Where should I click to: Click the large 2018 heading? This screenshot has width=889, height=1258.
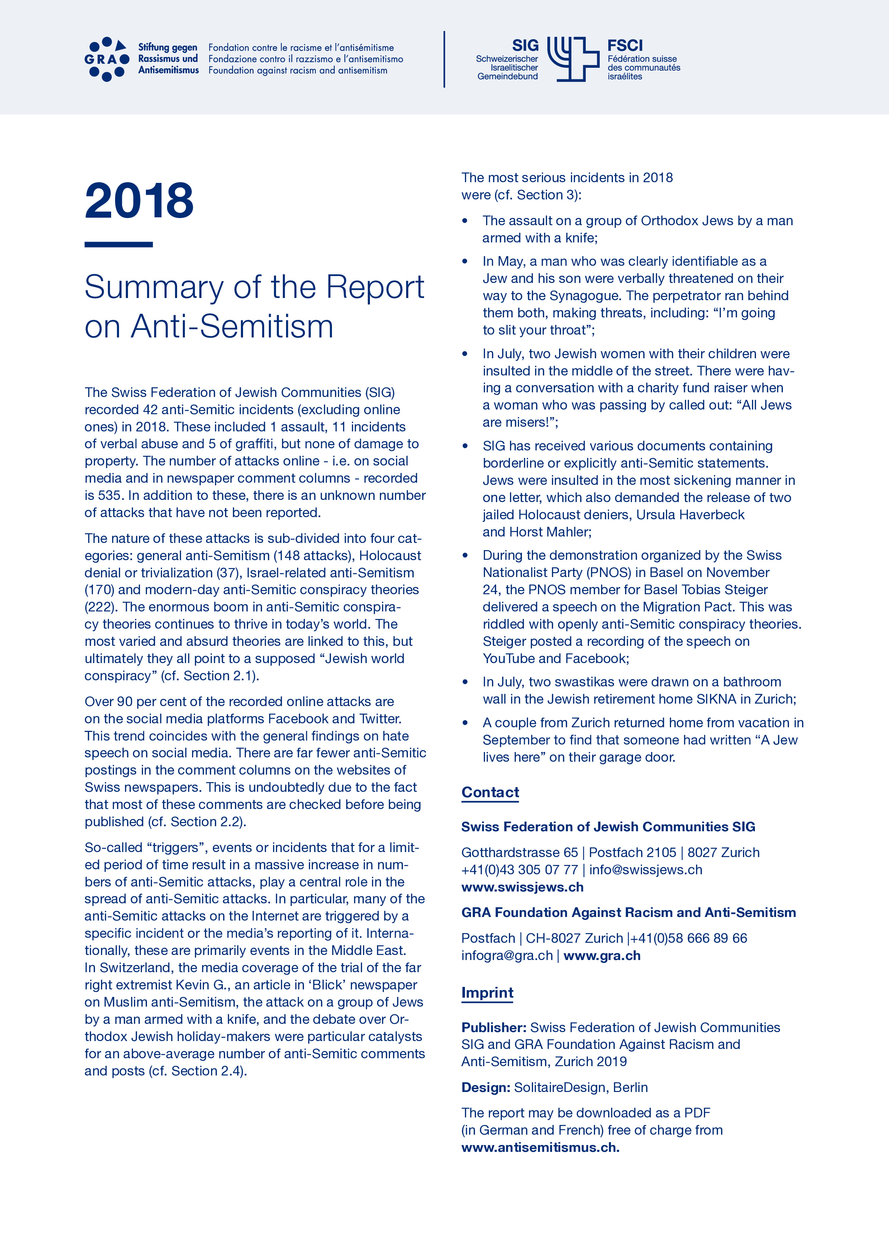click(x=139, y=201)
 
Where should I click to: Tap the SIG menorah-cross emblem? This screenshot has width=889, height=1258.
click(x=573, y=59)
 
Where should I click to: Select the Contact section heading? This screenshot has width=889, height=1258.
click(x=490, y=792)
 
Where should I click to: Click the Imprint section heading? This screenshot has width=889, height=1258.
click(x=487, y=993)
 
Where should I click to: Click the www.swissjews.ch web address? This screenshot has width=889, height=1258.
click(x=522, y=887)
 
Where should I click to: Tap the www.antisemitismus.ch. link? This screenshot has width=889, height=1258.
click(x=540, y=1147)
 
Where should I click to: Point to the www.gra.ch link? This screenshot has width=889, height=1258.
click(x=602, y=956)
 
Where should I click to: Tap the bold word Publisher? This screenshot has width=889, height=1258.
click(x=494, y=1027)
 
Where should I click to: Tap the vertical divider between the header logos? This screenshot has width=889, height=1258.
click(x=444, y=59)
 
